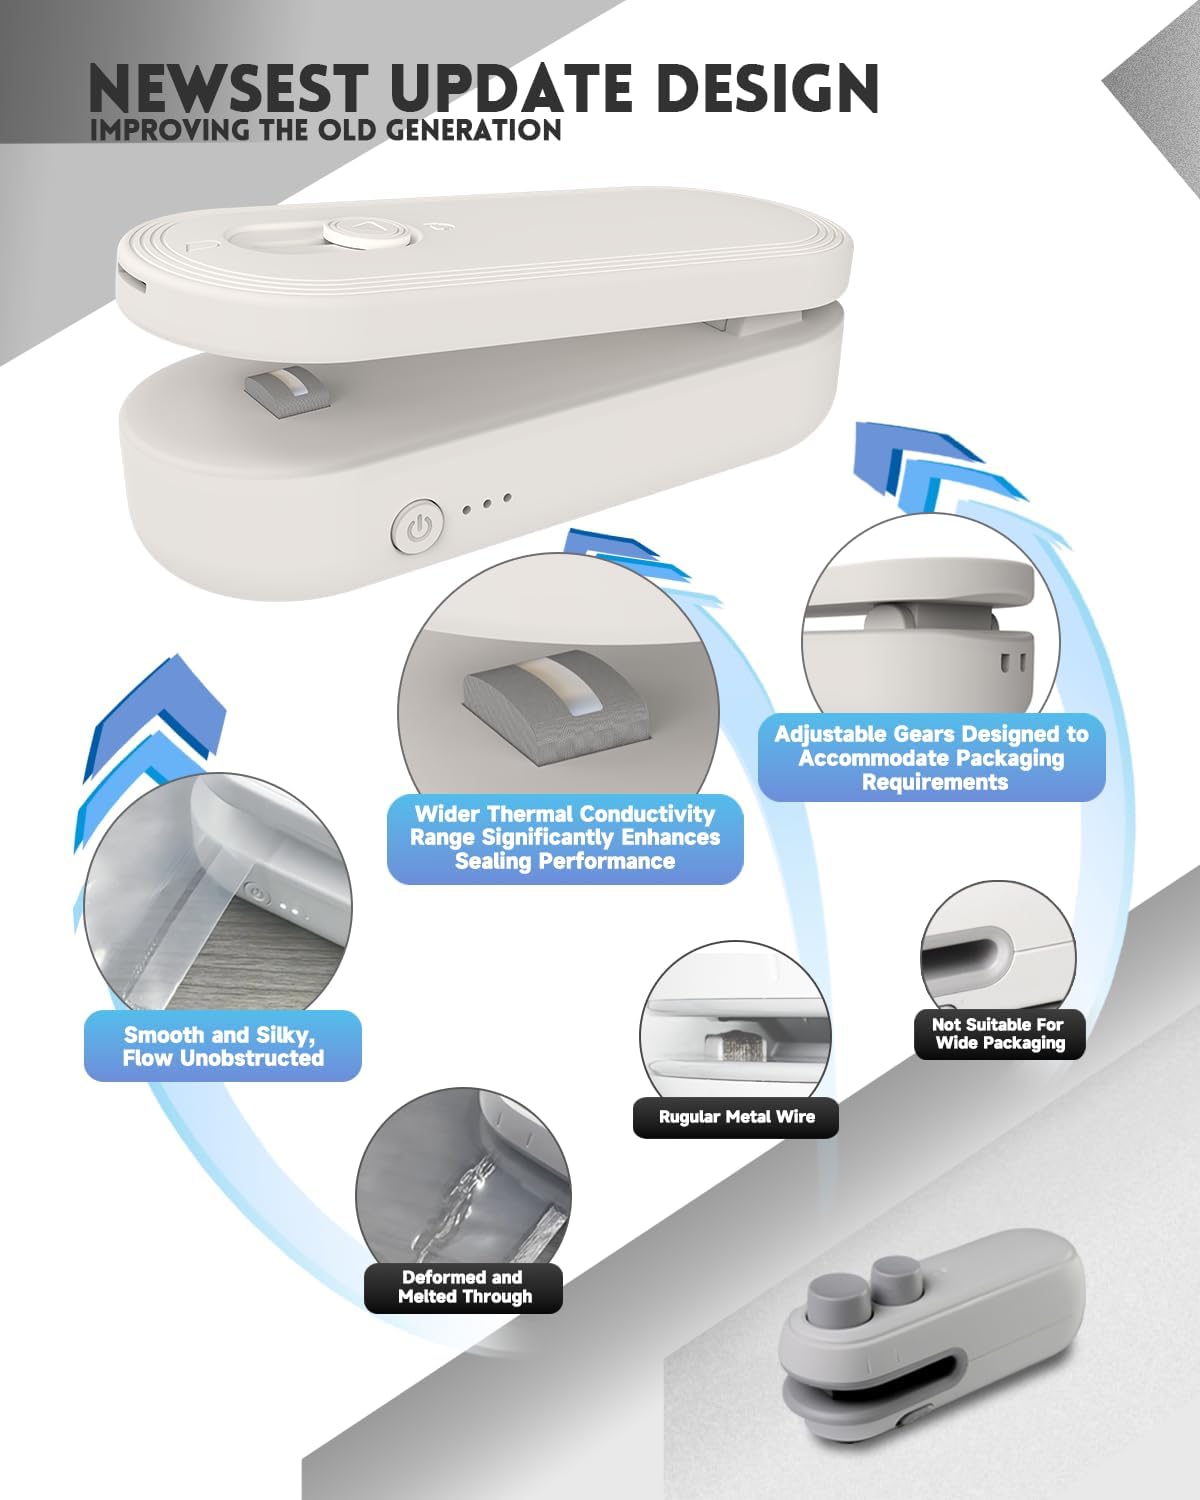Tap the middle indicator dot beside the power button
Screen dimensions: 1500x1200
pos(487,503)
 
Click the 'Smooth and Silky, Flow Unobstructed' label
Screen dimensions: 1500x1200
pos(223,1046)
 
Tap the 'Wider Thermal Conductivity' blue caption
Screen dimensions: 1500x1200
pos(565,838)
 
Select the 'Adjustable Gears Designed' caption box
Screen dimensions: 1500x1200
pos(932,758)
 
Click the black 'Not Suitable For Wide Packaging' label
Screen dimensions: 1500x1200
pos(999,1034)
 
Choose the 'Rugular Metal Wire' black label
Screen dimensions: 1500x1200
pos(736,1117)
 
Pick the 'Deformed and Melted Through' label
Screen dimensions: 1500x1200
pos(464,1287)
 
